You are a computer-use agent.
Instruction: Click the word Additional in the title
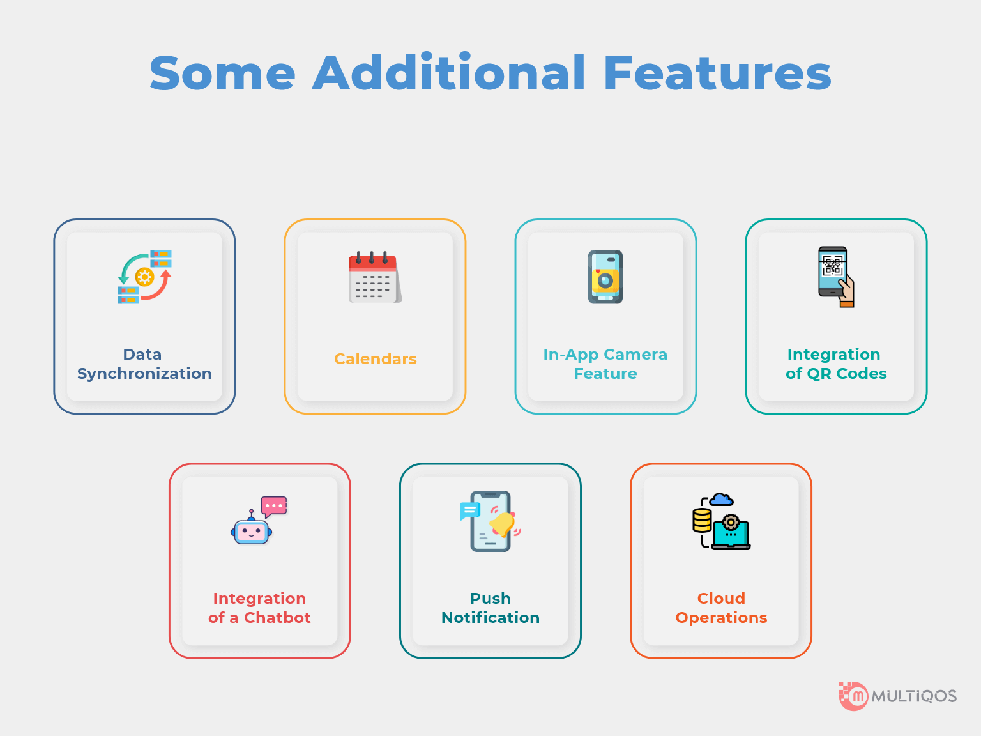(448, 72)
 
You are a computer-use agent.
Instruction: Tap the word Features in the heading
(717, 73)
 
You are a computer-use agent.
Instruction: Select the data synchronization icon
(144, 277)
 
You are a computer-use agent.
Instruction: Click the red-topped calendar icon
(375, 277)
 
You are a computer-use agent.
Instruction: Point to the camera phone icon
(605, 277)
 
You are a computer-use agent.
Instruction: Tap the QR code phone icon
(836, 277)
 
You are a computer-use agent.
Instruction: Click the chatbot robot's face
(251, 532)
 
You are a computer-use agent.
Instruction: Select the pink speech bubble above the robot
(273, 506)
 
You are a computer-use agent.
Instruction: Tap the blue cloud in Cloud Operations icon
(721, 499)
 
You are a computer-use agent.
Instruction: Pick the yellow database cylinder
(702, 520)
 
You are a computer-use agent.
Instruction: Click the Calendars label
(376, 359)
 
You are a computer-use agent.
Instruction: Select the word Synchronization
(144, 374)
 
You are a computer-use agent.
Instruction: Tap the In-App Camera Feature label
(605, 364)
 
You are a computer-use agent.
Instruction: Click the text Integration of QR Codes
(836, 364)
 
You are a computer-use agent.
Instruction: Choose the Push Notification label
(490, 608)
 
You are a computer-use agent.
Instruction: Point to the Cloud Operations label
(721, 608)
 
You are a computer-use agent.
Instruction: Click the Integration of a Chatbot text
(259, 608)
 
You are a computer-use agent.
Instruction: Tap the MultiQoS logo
(897, 696)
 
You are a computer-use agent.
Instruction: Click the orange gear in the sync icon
(144, 277)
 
